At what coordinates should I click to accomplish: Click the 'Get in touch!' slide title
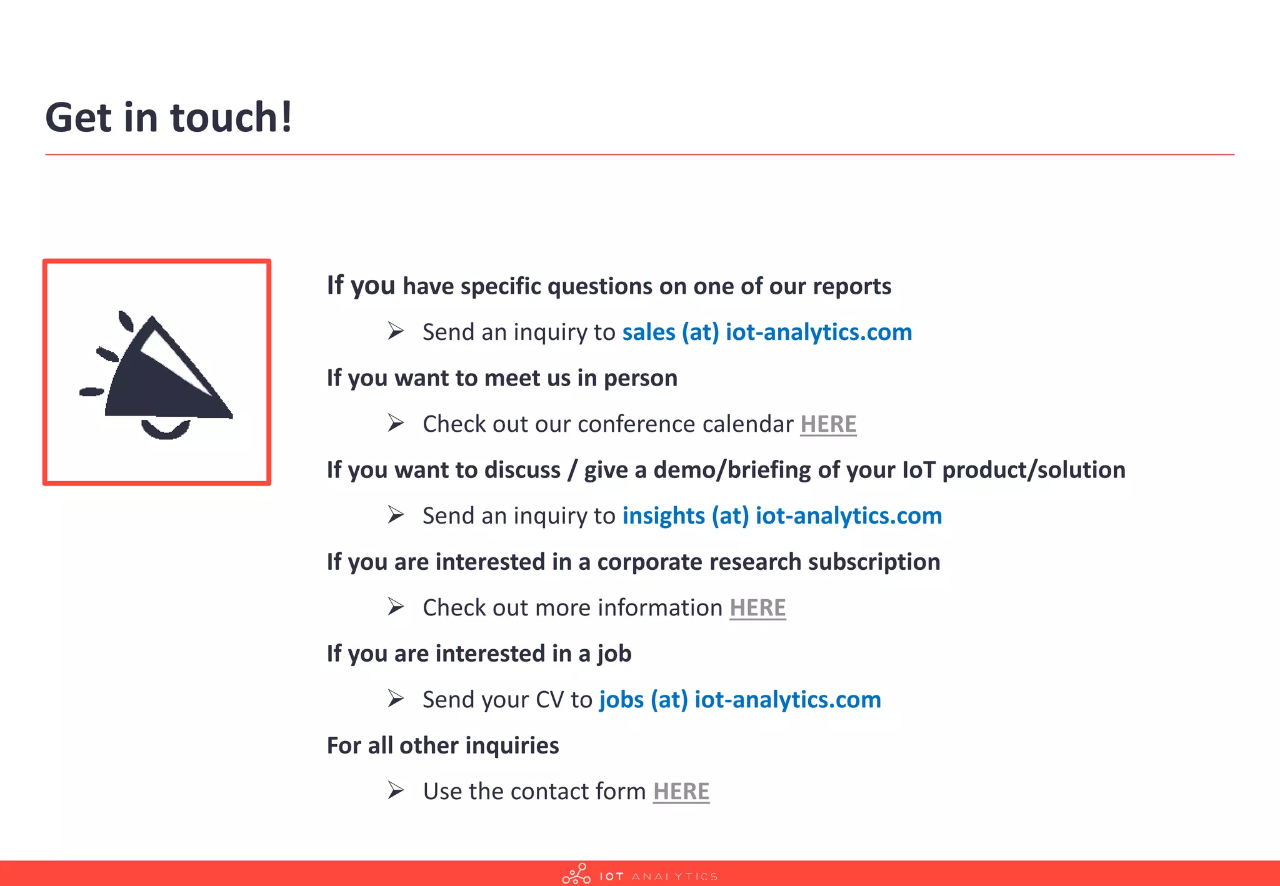point(169,117)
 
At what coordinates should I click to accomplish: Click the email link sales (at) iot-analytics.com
point(767,332)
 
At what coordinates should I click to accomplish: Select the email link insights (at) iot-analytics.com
point(782,515)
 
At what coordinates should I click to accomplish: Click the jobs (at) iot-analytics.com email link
point(740,699)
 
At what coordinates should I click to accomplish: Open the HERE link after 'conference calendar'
point(828,424)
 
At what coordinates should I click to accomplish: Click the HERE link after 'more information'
point(757,607)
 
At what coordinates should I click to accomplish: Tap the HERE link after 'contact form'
point(681,791)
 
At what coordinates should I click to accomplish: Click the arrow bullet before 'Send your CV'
point(396,698)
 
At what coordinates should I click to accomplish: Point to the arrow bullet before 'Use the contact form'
point(396,790)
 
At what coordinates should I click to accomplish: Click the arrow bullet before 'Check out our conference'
point(396,422)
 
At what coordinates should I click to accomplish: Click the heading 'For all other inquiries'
point(442,745)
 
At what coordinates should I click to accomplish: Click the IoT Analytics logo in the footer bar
point(639,874)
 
